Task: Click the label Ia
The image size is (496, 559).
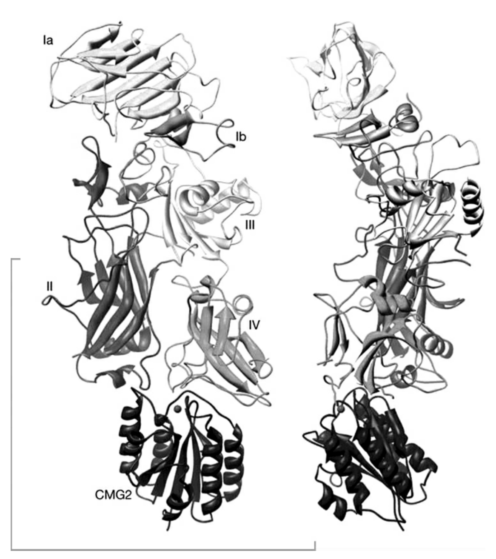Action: pyautogui.click(x=48, y=41)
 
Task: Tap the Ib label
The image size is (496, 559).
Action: pyautogui.click(x=241, y=137)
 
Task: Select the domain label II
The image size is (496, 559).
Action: pyautogui.click(x=49, y=287)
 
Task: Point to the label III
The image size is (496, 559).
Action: pyautogui.click(x=250, y=225)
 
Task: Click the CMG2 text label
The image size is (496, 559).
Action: pyautogui.click(x=113, y=495)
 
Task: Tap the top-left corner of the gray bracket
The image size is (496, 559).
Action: pyautogui.click(x=11, y=259)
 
